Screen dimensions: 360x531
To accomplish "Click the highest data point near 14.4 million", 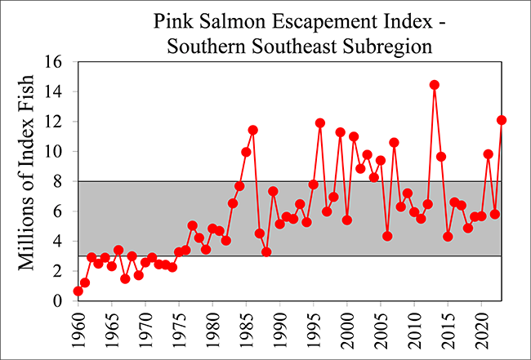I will tap(434, 85).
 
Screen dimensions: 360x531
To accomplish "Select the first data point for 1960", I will tap(78, 291).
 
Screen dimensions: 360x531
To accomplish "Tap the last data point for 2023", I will tap(502, 120).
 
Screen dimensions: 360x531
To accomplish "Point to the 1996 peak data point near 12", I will tap(320, 123).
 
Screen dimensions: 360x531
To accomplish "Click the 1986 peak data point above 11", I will tap(253, 130).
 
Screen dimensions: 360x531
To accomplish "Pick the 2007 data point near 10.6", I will tap(394, 142).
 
